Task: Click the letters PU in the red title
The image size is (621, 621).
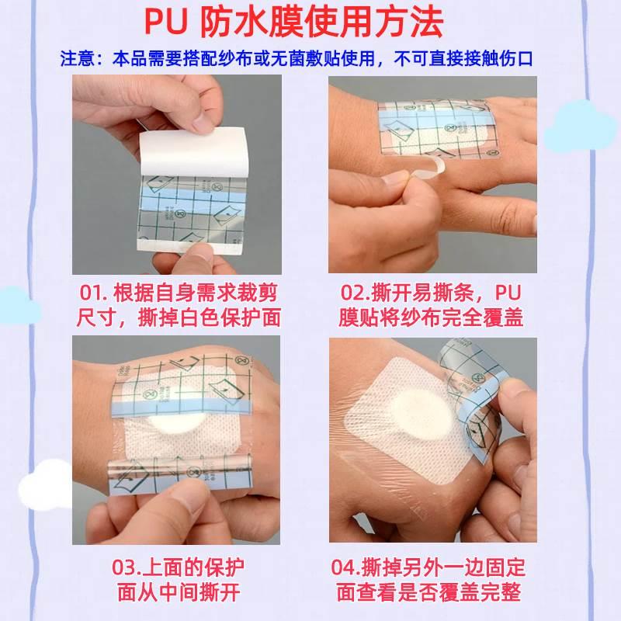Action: [x=165, y=23]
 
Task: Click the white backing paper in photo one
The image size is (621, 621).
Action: [x=194, y=152]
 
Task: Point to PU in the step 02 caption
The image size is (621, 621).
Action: [x=508, y=293]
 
